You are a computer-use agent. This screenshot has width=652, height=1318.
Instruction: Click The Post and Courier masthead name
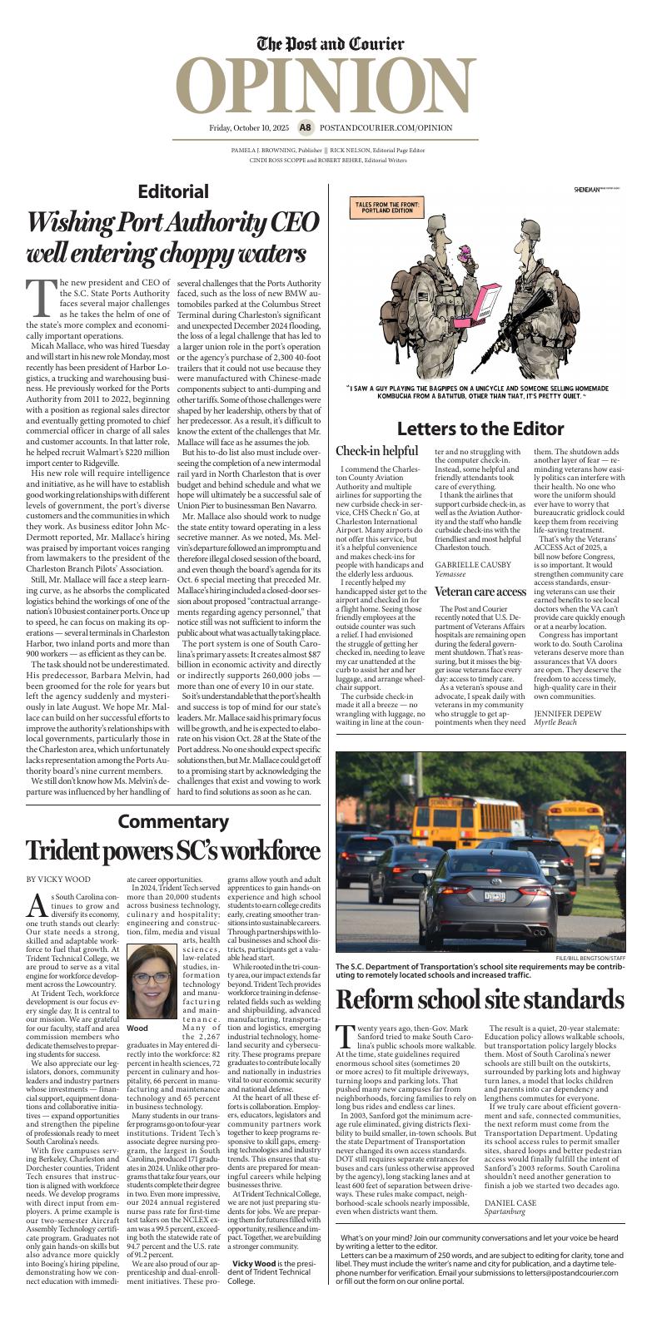pos(331,44)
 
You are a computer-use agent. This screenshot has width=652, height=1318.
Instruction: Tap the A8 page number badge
pos(306,128)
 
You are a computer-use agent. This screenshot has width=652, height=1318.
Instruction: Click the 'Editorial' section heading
pos(173,191)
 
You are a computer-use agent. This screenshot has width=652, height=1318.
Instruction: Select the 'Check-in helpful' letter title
pos(376,452)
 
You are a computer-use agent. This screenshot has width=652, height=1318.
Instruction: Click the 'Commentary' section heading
pos(173,822)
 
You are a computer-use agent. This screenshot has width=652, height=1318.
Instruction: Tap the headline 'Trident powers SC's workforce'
pos(173,852)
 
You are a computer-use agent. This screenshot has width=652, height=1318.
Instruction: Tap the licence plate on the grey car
pos(495,897)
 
